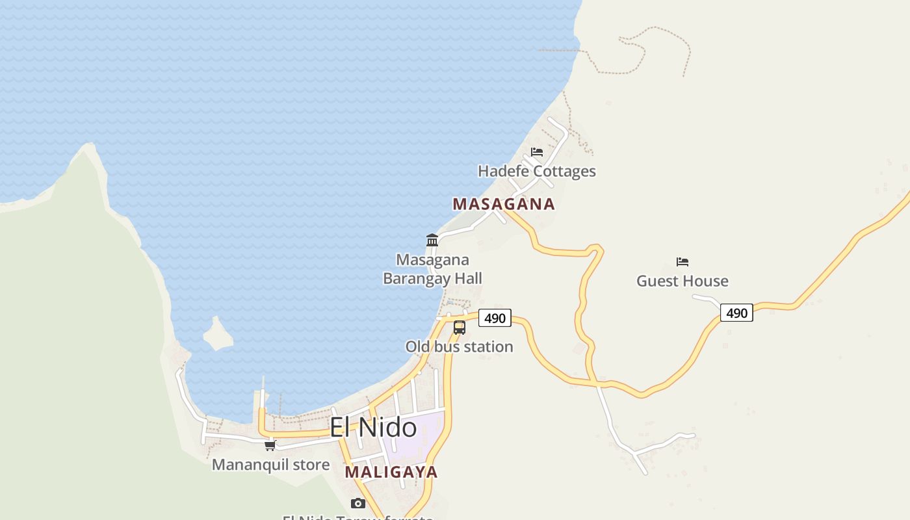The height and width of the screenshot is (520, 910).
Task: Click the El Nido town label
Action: pyautogui.click(x=373, y=427)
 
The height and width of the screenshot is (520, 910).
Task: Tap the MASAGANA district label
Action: pyautogui.click(x=504, y=204)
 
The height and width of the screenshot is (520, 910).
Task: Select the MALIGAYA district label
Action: pyautogui.click(x=391, y=472)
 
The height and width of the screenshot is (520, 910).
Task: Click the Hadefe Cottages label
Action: pyautogui.click(x=537, y=172)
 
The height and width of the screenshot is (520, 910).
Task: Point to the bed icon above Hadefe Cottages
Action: pyautogui.click(x=537, y=152)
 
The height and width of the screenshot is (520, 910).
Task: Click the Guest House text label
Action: pyautogui.click(x=682, y=281)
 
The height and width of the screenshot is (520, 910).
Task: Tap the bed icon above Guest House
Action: pyautogui.click(x=682, y=262)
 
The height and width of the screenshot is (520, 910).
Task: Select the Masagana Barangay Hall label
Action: pyautogui.click(x=432, y=269)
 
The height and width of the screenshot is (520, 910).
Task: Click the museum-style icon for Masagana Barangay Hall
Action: pyautogui.click(x=432, y=240)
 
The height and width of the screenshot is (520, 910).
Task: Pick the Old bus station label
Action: pyautogui.click(x=460, y=347)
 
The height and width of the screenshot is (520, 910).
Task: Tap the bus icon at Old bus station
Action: pyautogui.click(x=460, y=328)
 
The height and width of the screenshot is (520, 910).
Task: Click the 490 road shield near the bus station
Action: pyautogui.click(x=495, y=318)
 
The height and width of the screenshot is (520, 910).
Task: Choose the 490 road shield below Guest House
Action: pyautogui.click(x=736, y=313)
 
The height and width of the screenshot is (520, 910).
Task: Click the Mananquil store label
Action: pyautogui.click(x=270, y=465)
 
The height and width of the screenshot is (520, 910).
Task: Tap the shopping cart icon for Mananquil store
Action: pyautogui.click(x=270, y=445)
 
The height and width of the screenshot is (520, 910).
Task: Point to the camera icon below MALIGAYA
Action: pyautogui.click(x=357, y=503)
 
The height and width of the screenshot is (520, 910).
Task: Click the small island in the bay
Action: pyautogui.click(x=218, y=334)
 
